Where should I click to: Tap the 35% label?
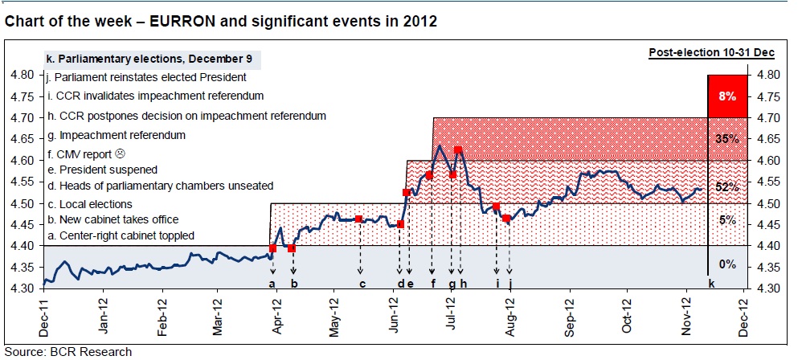coord(726,139)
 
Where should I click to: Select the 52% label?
coord(726,187)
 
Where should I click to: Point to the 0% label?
coord(727,264)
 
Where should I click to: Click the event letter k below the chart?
coord(710,284)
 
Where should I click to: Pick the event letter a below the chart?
coord(272,284)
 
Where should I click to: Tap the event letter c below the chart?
coord(362,284)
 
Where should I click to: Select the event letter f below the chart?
coord(432,284)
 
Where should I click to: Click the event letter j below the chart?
coord(509,284)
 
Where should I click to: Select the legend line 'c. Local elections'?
coord(89,204)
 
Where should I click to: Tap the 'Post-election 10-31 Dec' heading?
coord(711,53)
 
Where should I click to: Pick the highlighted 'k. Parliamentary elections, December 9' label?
coord(153,59)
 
